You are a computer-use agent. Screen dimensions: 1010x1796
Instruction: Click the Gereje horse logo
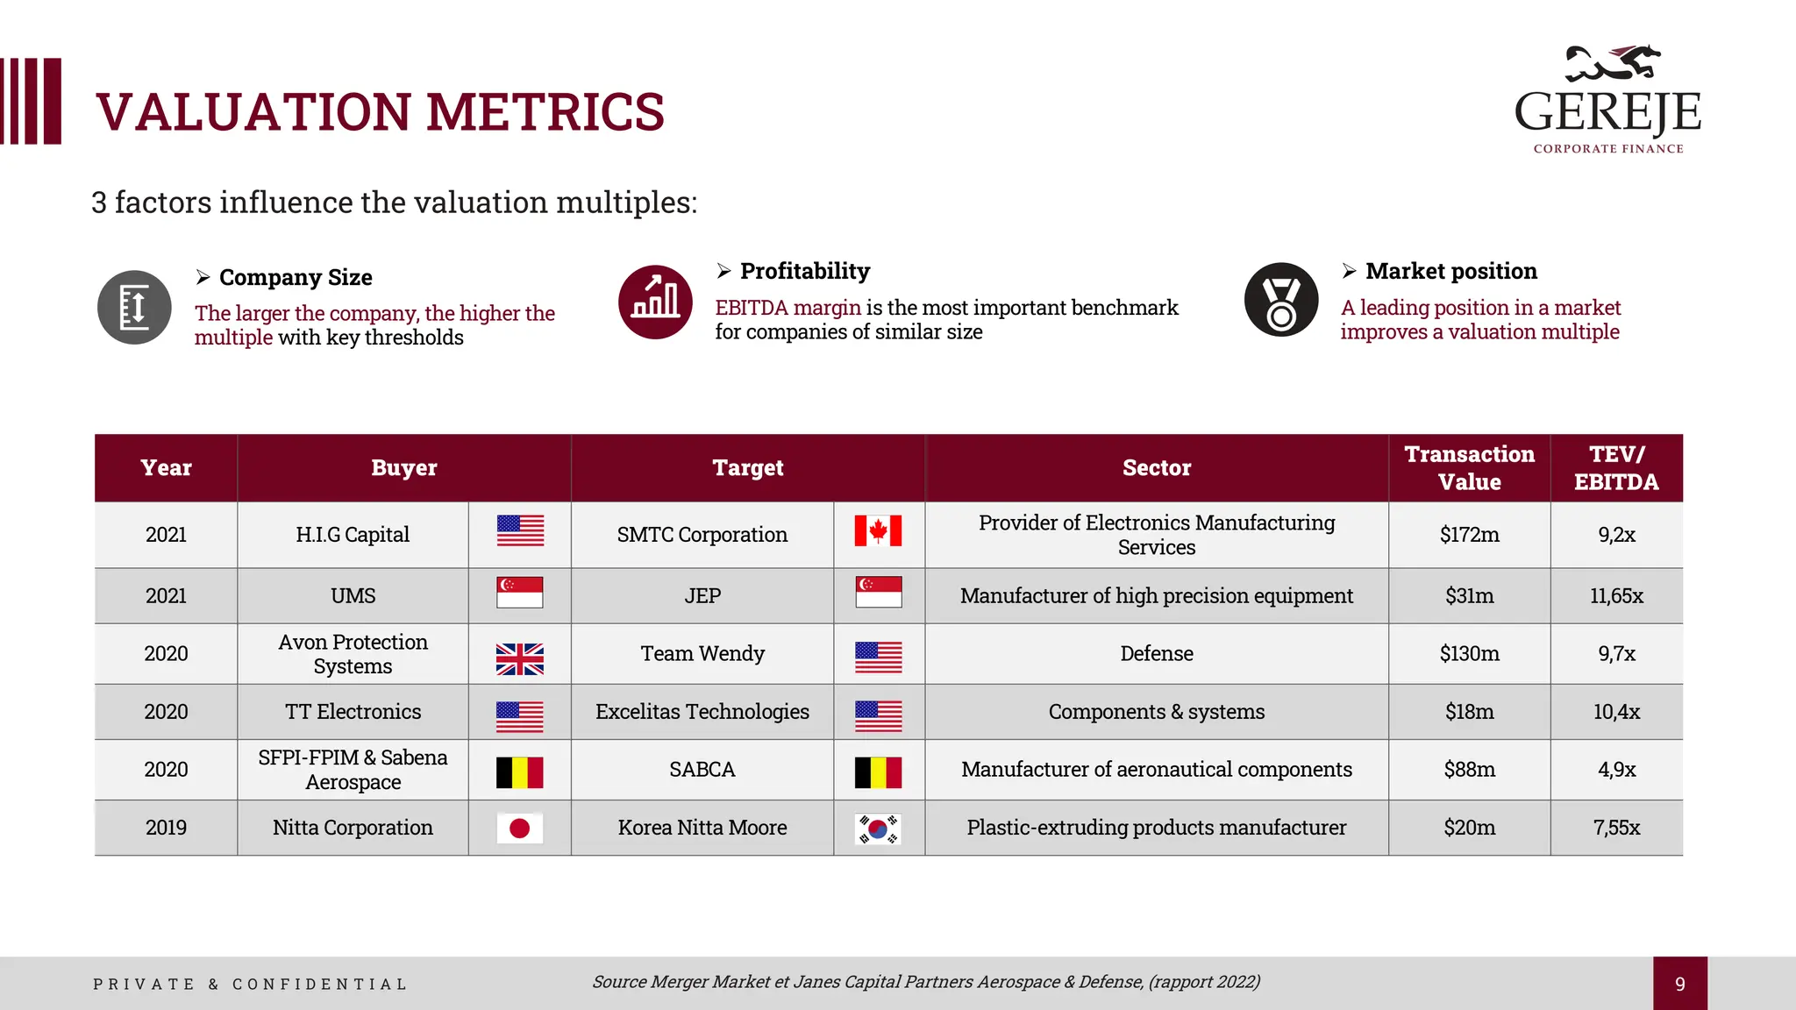point(1612,63)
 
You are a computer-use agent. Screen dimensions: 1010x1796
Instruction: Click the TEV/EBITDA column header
point(1615,468)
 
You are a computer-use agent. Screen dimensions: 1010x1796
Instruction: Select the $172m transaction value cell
point(1469,535)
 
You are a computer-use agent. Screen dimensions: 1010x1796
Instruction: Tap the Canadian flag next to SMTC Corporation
point(878,531)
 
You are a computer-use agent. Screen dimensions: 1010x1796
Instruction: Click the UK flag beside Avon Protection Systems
point(519,658)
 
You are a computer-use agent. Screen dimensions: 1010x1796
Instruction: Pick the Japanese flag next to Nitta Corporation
point(519,829)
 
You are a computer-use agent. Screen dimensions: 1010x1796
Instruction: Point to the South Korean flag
point(878,829)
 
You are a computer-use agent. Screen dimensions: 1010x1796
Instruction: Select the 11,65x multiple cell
point(1615,596)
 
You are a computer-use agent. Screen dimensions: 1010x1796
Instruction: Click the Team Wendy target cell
point(702,654)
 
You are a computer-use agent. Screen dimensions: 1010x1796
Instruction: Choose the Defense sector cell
point(1156,654)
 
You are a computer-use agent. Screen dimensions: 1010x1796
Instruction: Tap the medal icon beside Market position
point(1280,300)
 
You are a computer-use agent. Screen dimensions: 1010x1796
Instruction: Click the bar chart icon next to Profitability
point(655,302)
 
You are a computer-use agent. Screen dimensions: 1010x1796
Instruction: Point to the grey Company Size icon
point(134,307)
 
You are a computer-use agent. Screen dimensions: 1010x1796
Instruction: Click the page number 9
point(1679,984)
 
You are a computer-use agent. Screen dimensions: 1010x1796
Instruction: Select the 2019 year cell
point(166,828)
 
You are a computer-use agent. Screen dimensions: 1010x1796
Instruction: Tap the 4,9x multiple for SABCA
point(1615,770)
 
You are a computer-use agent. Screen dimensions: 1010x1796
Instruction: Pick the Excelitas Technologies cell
point(702,712)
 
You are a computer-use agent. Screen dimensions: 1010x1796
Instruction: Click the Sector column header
point(1156,468)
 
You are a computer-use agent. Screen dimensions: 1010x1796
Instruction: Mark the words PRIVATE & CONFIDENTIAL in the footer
point(250,985)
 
